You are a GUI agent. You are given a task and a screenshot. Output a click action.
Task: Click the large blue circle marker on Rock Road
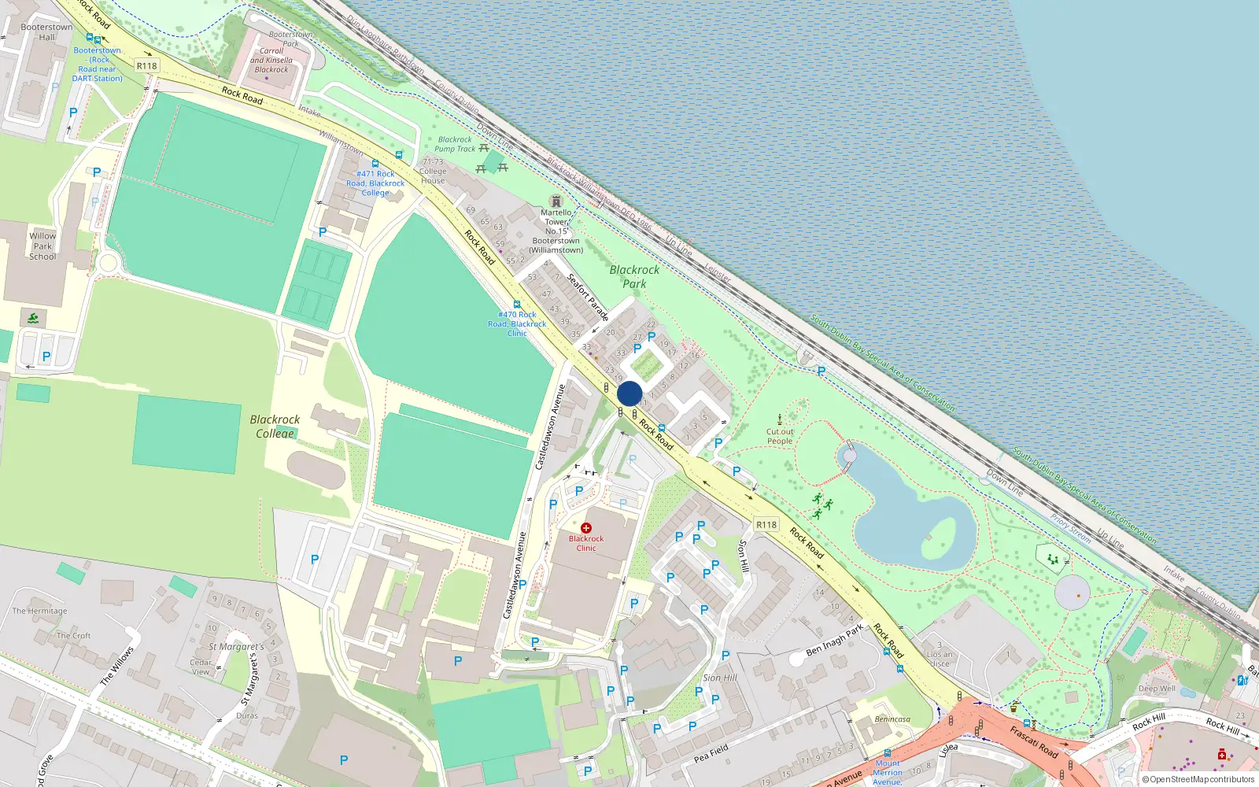(629, 393)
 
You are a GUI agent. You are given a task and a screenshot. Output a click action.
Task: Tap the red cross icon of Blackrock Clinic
(586, 528)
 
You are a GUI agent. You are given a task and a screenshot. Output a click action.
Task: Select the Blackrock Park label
(634, 276)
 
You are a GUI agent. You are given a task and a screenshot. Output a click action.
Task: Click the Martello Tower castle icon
(556, 201)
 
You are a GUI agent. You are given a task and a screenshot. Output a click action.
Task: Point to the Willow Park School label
(42, 246)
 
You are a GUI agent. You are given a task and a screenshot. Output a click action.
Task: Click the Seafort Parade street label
(588, 297)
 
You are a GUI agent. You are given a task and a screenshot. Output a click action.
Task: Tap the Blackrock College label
(275, 426)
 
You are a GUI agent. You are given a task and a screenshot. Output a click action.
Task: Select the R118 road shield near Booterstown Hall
(146, 66)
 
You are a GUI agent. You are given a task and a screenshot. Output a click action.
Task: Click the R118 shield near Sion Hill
(766, 524)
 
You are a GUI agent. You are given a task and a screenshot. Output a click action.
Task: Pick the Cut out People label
(780, 436)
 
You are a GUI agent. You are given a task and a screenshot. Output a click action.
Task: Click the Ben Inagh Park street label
(834, 641)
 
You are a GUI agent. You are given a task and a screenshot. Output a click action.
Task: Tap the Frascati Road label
(1034, 741)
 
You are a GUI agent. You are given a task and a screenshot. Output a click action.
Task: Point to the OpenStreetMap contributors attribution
(1198, 779)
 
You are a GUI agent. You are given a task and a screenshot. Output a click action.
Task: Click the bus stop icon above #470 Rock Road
(517, 305)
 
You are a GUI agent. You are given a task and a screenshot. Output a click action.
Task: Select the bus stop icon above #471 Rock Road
(375, 164)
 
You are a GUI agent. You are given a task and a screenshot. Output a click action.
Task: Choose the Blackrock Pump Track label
(455, 144)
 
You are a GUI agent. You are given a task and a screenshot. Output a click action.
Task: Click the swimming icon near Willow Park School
(32, 319)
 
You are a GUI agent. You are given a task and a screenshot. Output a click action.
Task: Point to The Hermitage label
(39, 611)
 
